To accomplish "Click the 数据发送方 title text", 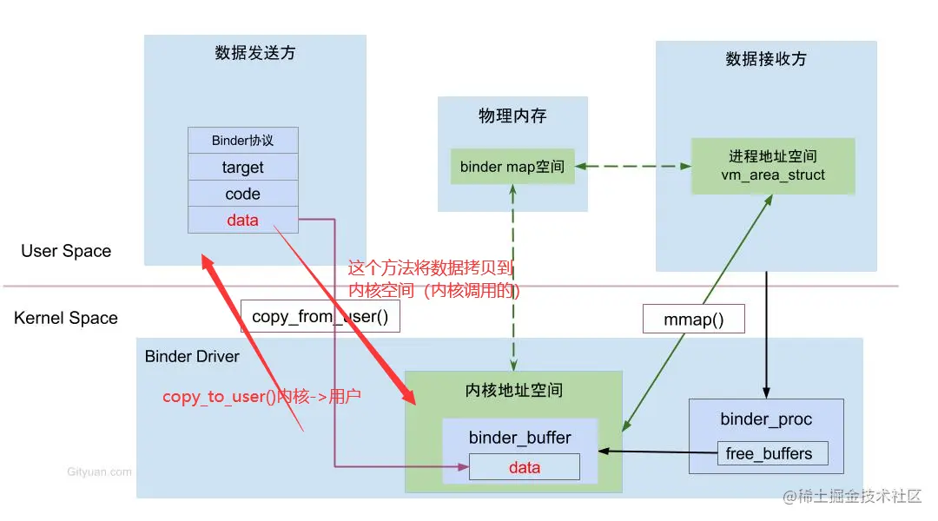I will point(254,53).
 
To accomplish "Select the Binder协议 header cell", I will point(242,141).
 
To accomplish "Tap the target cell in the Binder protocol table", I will point(242,168).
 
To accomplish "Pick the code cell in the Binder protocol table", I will point(242,195).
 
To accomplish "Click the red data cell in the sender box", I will point(242,221).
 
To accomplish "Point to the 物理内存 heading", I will point(512,115).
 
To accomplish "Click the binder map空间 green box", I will point(512,167).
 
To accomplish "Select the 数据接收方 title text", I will point(765,59).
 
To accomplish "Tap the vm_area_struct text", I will point(773,175).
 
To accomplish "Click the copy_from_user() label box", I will point(320,317).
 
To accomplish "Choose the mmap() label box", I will point(693,320).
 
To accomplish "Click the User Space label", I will point(66,251).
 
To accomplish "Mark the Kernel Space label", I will point(66,318).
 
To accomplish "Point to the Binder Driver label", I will point(192,356).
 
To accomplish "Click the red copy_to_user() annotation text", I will point(261,397).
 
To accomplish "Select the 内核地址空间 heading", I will point(514,391).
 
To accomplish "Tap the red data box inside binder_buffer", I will point(524,467).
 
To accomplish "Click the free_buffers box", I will point(768,453).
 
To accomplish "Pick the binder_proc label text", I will point(766,419).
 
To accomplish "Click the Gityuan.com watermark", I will point(99,472).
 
